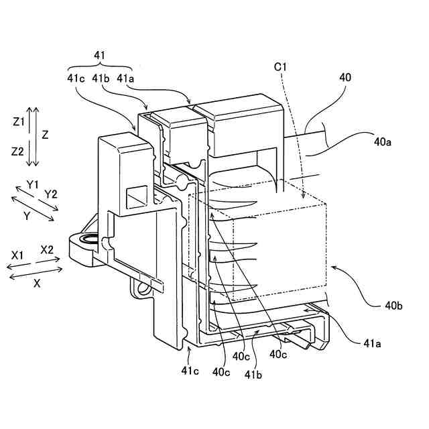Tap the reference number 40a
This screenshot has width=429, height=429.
click(x=384, y=142)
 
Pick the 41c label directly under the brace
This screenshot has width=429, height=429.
click(x=75, y=78)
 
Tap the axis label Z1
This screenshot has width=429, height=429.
click(x=18, y=121)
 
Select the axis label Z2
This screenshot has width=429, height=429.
click(x=18, y=151)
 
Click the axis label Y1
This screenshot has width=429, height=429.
click(x=33, y=184)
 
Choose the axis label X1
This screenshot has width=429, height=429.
click(x=17, y=255)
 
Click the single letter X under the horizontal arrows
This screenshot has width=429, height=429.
click(x=37, y=284)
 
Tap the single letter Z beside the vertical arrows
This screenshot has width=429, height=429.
click(x=45, y=134)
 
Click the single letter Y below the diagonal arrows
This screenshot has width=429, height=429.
click(x=26, y=217)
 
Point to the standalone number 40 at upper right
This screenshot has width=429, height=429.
click(x=345, y=78)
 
